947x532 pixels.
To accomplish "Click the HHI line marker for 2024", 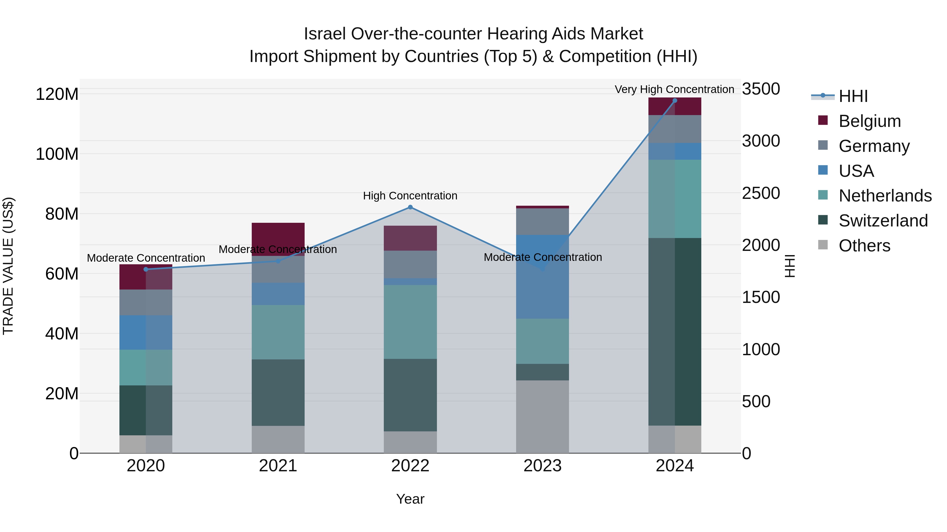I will pos(674,101).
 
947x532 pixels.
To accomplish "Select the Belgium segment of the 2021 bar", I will pos(278,235).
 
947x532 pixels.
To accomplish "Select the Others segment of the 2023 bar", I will pos(543,417).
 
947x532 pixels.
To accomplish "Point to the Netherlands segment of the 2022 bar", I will pos(410,322).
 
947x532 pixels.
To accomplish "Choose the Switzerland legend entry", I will pos(883,221).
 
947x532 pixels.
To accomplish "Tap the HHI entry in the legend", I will pos(853,96).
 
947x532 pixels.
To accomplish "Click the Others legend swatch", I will pos(823,245).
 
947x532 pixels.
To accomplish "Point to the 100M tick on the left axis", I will pos(57,154).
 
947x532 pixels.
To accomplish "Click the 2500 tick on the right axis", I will pos(760,193).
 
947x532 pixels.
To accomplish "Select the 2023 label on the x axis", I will pos(543,466).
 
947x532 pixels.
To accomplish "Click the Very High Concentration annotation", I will pos(674,89).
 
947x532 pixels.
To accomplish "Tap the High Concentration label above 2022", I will pos(410,196).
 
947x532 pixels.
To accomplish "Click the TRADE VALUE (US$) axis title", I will pos(8,266).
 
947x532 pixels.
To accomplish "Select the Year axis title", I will pos(410,499).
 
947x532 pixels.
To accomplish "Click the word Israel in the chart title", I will pos(325,34).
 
